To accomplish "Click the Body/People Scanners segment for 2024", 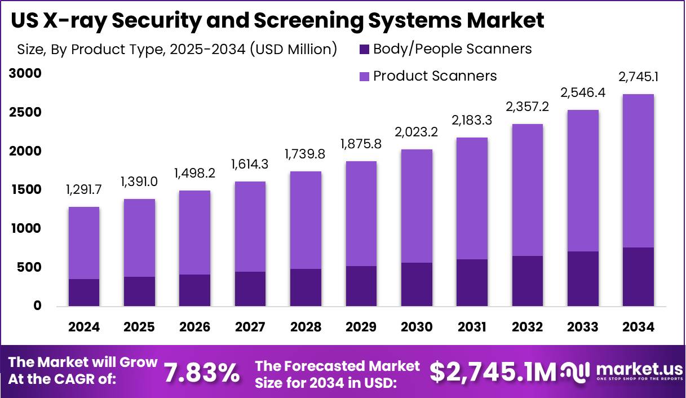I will [x=84, y=292].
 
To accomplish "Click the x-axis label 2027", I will [x=250, y=327].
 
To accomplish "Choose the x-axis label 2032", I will [x=528, y=327].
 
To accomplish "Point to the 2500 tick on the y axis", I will [x=25, y=113].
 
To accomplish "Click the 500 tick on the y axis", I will [x=29, y=267].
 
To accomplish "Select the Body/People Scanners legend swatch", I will [x=364, y=50].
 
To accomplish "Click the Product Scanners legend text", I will [x=435, y=76].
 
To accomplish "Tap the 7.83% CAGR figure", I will [x=201, y=373].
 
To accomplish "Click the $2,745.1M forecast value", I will [x=493, y=372].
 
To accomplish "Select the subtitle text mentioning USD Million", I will [x=177, y=50].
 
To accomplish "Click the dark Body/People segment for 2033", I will [x=583, y=278].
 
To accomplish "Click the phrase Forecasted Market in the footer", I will [x=337, y=366].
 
